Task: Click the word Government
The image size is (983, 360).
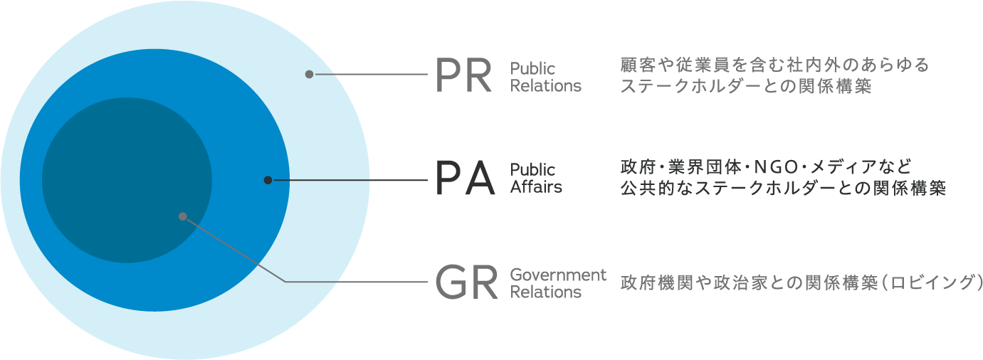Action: point(558,275)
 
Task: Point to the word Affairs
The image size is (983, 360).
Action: point(536,188)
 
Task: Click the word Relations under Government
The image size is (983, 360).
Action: point(545,292)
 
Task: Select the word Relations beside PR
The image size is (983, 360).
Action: point(545,86)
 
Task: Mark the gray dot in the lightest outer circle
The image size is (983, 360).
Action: point(309,74)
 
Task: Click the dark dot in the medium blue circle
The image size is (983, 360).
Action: point(268,180)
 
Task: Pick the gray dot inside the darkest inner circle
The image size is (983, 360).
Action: point(183,216)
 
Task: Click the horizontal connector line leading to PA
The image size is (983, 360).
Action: point(349,180)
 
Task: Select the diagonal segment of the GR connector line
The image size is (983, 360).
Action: point(235,249)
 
